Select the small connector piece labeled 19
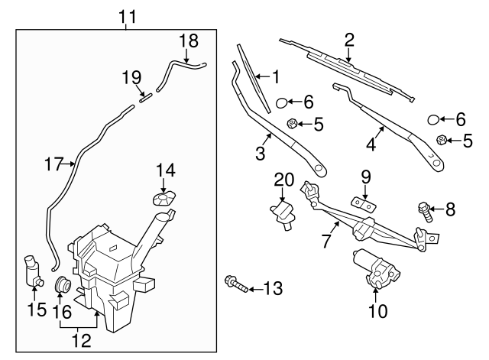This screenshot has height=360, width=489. point(145,96)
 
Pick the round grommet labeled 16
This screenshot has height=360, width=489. point(64,287)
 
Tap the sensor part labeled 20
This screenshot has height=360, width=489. point(284,210)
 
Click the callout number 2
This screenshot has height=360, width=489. point(348,40)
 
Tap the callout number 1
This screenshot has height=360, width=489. point(276,77)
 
